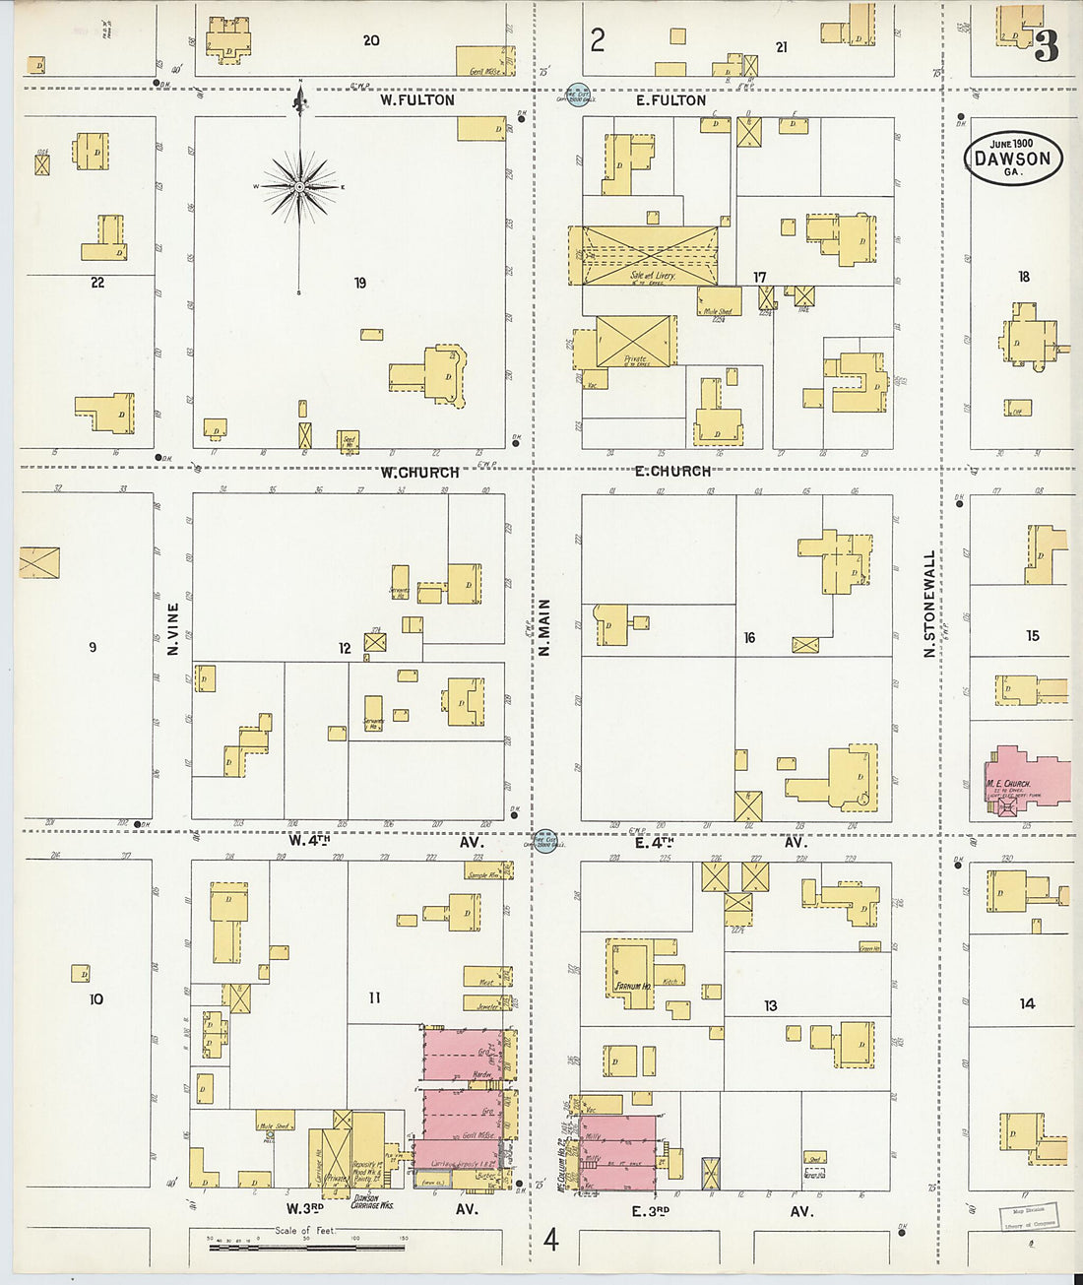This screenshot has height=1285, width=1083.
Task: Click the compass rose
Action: pyautogui.click(x=299, y=186)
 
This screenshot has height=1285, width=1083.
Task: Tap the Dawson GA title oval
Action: pyautogui.click(x=1012, y=159)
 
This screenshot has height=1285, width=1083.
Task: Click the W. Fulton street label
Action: pyautogui.click(x=417, y=99)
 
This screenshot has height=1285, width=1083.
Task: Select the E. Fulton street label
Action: pyautogui.click(x=670, y=99)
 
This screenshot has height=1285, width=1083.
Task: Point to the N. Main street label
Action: pyautogui.click(x=543, y=627)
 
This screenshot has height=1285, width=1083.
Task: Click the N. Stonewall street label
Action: pyautogui.click(x=928, y=604)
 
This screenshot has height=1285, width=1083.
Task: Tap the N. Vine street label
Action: pyautogui.click(x=173, y=629)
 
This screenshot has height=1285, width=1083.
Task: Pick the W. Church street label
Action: pyautogui.click(x=419, y=472)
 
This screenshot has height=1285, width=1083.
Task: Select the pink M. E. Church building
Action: pyautogui.click(x=1024, y=779)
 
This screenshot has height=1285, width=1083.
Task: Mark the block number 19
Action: pyautogui.click(x=360, y=283)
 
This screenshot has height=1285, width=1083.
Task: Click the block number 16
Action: pyautogui.click(x=749, y=638)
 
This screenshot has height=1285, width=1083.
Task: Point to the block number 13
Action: pyautogui.click(x=770, y=1005)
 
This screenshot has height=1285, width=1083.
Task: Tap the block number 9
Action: pyautogui.click(x=93, y=647)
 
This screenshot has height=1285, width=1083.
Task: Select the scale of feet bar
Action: pyautogui.click(x=305, y=1247)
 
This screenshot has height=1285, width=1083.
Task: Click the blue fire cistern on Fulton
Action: pyautogui.click(x=582, y=94)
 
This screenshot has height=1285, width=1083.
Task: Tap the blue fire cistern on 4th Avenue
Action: pyautogui.click(x=544, y=842)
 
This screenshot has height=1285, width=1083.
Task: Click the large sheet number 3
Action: pyautogui.click(x=1046, y=45)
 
